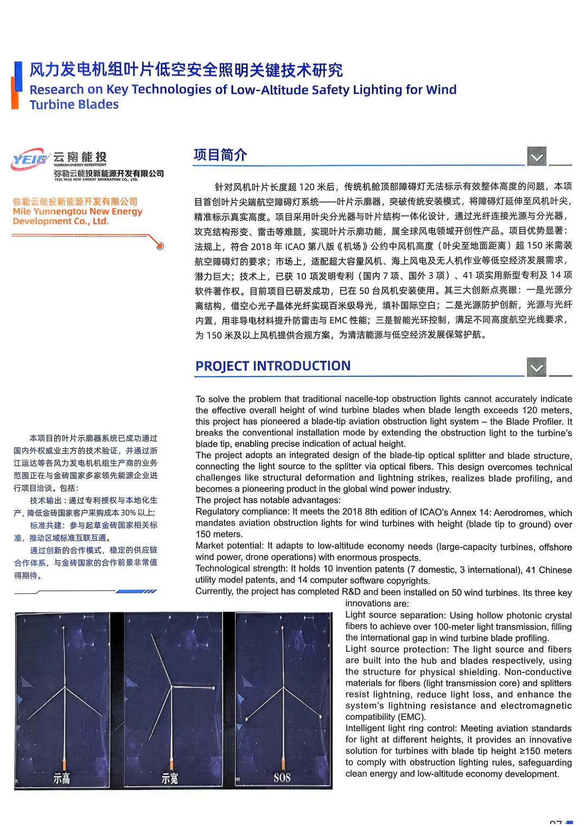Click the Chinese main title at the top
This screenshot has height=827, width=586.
pyautogui.click(x=186, y=70)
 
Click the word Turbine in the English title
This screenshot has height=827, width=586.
pyautogui.click(x=52, y=105)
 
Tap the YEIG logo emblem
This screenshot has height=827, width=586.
pyautogui.click(x=30, y=159)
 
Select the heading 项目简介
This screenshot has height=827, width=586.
pyautogui.click(x=220, y=155)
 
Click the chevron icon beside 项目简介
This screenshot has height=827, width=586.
pyautogui.click(x=537, y=157)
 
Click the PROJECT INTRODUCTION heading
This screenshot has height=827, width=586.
pyautogui.click(x=273, y=366)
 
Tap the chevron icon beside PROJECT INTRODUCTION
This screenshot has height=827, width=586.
pyautogui.click(x=537, y=367)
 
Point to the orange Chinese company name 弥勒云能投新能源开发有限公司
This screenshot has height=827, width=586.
pyautogui.click(x=75, y=201)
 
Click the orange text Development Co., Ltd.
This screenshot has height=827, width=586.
pyautogui.click(x=61, y=221)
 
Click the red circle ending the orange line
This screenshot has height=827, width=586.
pyautogui.click(x=160, y=246)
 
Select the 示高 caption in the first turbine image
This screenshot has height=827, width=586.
pyautogui.click(x=61, y=779)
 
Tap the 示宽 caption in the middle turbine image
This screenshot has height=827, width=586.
pyautogui.click(x=170, y=779)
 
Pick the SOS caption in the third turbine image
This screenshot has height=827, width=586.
pyautogui.click(x=282, y=778)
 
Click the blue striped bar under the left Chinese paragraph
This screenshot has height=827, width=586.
pyautogui.click(x=137, y=592)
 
